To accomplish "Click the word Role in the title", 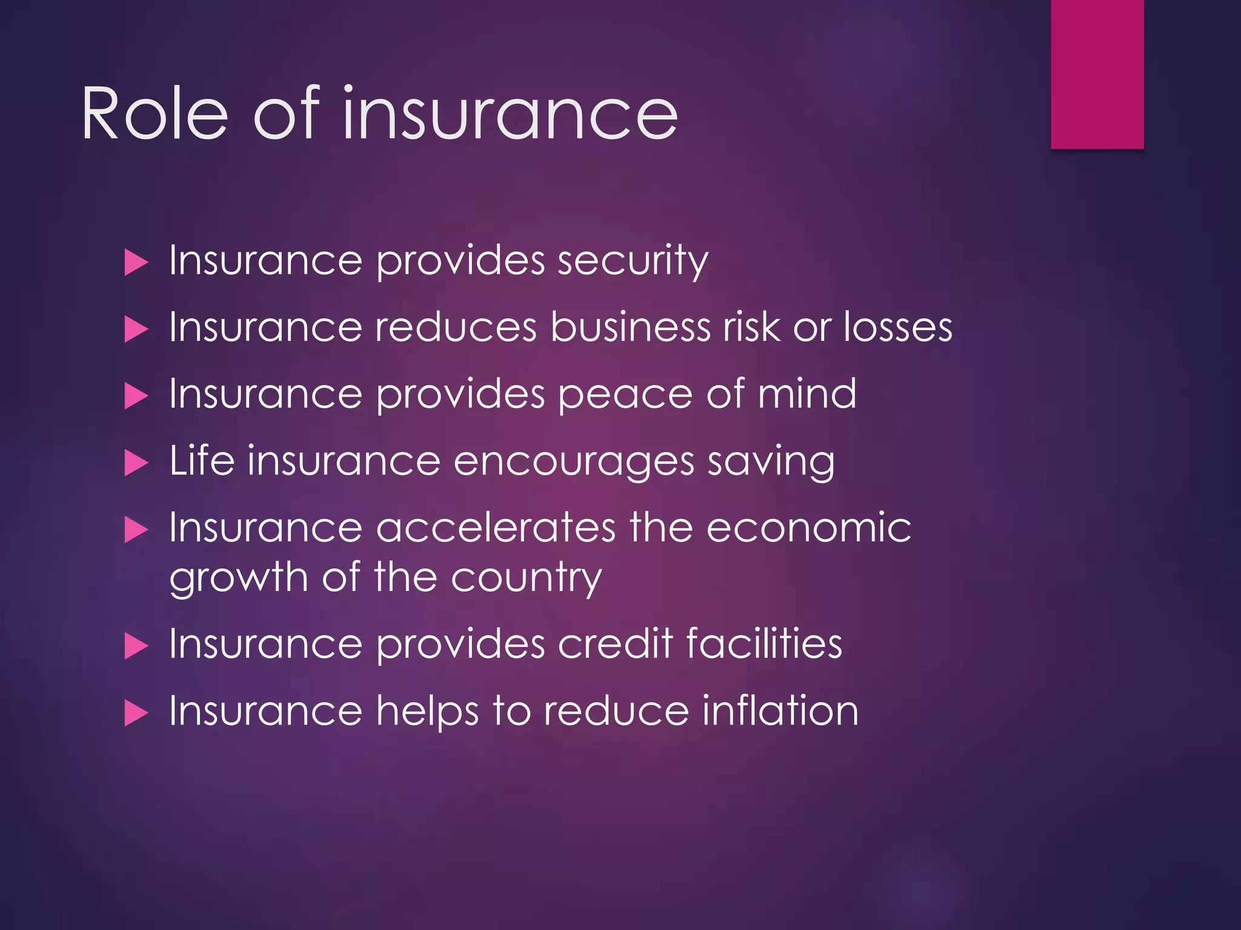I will [x=155, y=114].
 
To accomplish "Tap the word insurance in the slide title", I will [x=510, y=114].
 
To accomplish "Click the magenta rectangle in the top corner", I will [x=1097, y=74].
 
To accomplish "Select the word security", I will [x=633, y=262].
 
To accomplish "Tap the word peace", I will [x=625, y=395].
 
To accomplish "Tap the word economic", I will [x=808, y=527].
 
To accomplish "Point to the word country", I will [x=526, y=579].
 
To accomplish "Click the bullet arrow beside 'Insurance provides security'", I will [x=136, y=263].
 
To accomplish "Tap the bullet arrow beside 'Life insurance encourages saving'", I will [x=136, y=464].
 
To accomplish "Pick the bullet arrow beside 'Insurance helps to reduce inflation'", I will [x=136, y=713].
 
